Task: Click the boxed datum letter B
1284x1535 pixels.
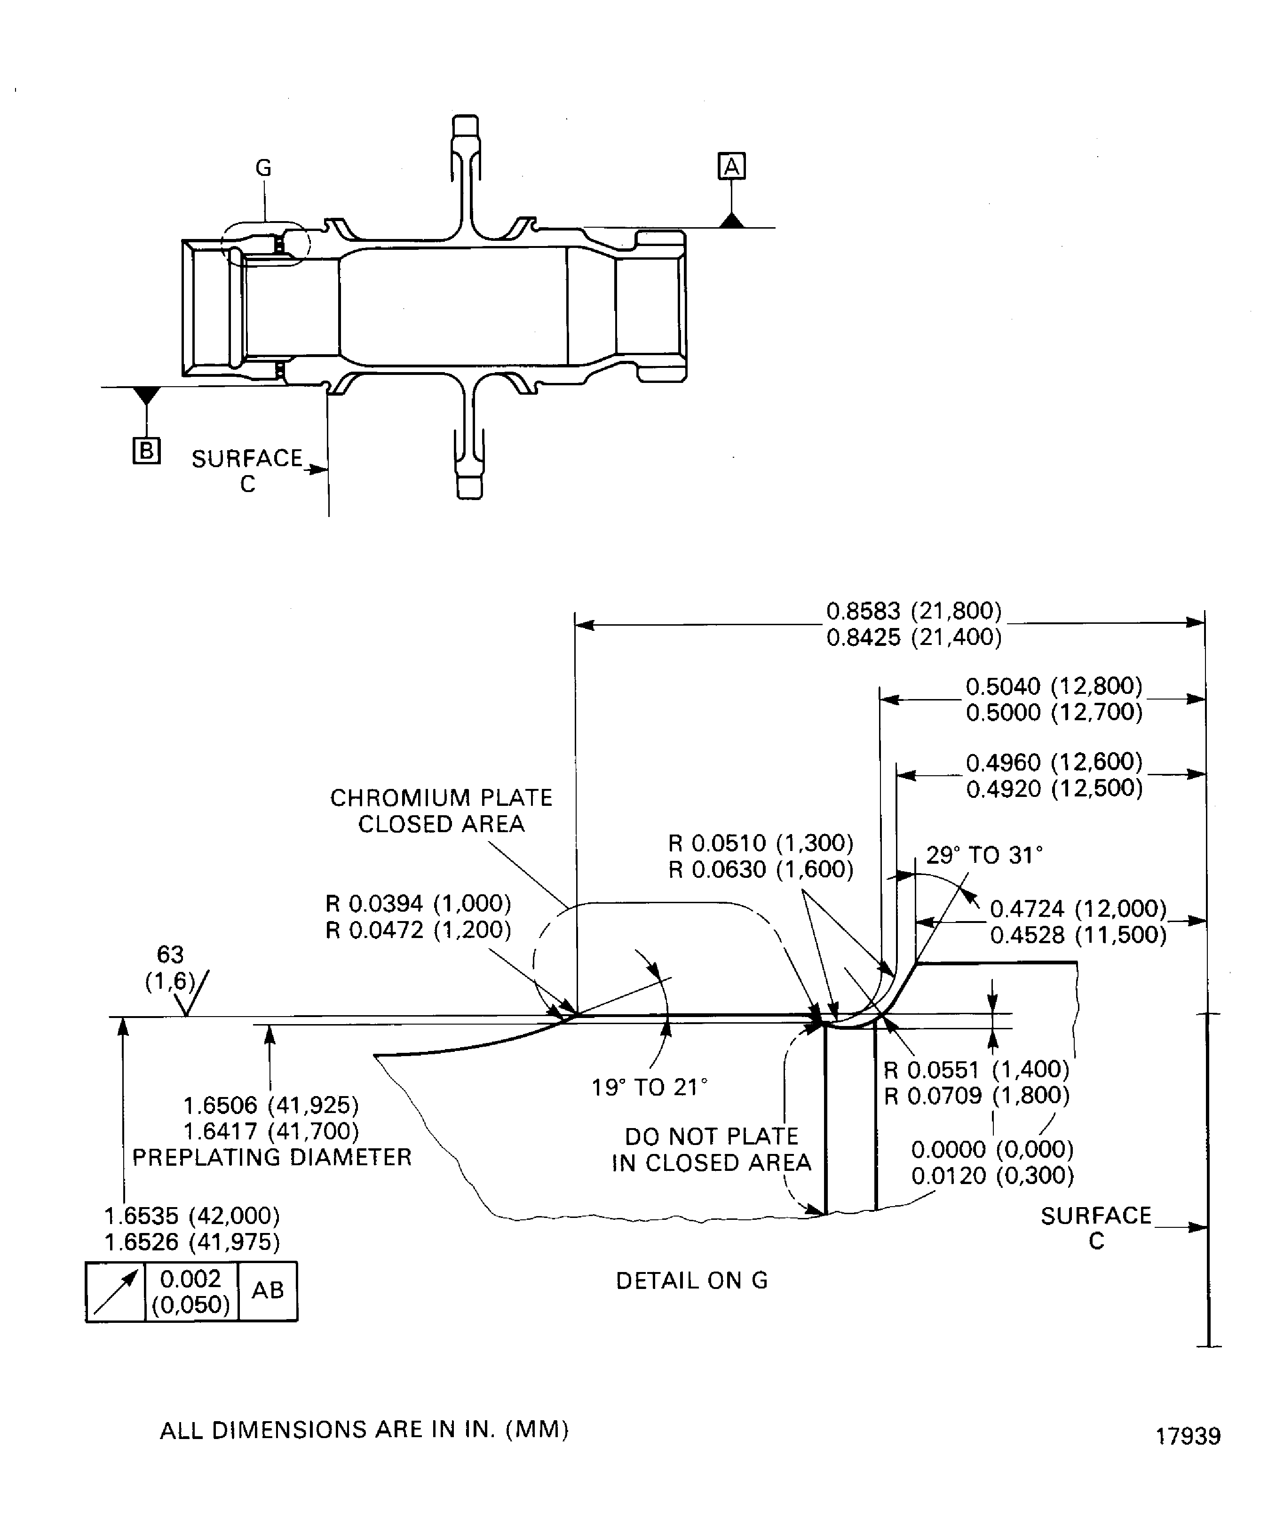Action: (146, 450)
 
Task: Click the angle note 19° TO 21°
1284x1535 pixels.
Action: (649, 1088)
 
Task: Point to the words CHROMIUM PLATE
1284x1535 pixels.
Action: (441, 797)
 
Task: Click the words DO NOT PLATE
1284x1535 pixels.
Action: (711, 1137)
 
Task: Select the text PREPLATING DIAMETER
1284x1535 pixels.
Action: (272, 1157)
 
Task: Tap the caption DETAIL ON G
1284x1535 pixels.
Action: (691, 1280)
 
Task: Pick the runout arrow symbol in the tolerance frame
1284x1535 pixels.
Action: (115, 1292)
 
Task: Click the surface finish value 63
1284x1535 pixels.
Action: (170, 954)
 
